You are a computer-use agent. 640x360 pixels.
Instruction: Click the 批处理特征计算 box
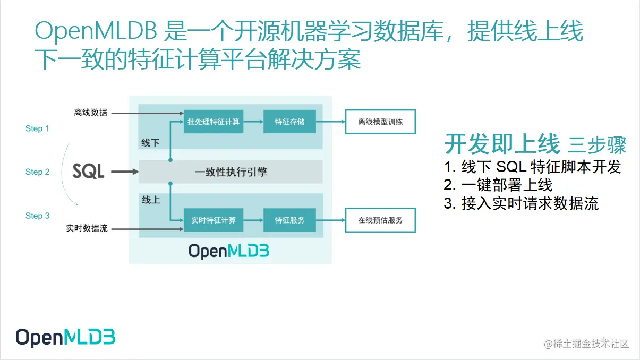[x=213, y=122]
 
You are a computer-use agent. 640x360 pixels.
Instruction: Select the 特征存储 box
[x=289, y=122]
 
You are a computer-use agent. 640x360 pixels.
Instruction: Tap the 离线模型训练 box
[x=380, y=122]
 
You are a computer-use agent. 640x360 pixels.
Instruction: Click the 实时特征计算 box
[x=213, y=220]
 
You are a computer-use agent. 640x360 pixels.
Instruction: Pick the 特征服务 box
[x=289, y=220]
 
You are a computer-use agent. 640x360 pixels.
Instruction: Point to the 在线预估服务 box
[x=380, y=220]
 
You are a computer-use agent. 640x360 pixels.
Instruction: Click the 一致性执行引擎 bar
[x=231, y=172]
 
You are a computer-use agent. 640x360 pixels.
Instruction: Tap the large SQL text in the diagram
[x=89, y=172]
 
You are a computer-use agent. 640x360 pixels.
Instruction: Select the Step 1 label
[x=37, y=128]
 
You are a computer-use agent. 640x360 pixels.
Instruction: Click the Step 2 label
[x=37, y=172]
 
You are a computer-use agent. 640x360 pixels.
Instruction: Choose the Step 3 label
[x=37, y=216]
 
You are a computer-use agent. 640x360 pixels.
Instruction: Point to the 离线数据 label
[x=90, y=113]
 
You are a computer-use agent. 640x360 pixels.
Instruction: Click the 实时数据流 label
[x=87, y=229]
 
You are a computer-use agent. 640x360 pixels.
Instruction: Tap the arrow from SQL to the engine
[x=125, y=172]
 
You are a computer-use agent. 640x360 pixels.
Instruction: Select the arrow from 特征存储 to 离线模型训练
[x=331, y=122]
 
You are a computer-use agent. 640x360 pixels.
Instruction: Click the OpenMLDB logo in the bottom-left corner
[x=65, y=338]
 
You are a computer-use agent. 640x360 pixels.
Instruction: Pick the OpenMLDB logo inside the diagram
[x=229, y=250]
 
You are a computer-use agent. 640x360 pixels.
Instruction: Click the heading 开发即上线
[x=502, y=144]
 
